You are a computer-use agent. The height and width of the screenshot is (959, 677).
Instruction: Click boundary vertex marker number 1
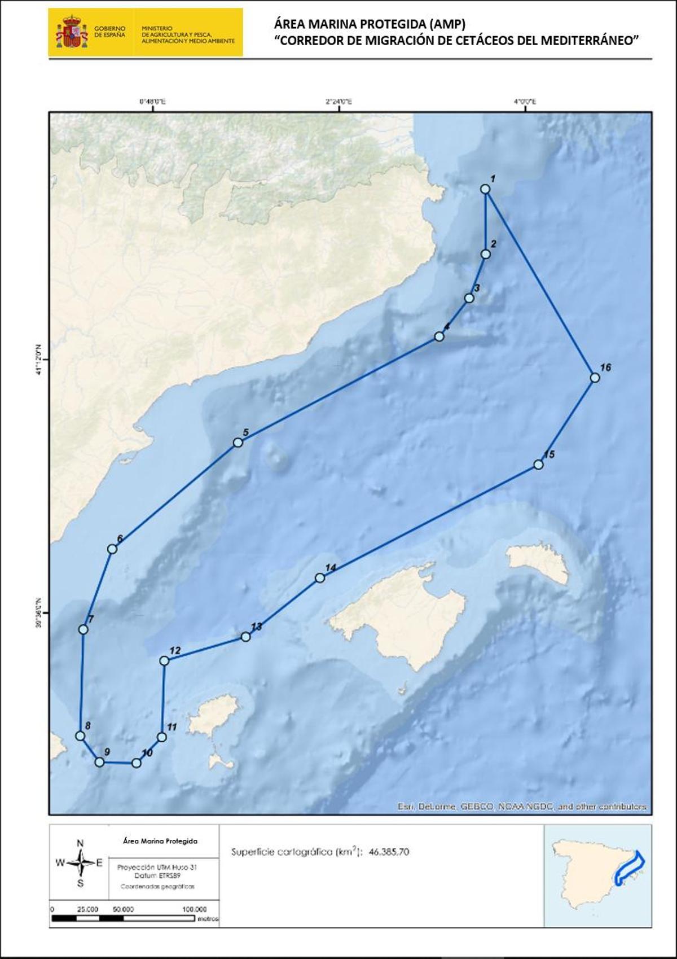point(485,189)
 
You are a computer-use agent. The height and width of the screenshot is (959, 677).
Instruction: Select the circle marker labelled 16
point(594,378)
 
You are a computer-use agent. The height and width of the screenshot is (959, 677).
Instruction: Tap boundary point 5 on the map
point(238,443)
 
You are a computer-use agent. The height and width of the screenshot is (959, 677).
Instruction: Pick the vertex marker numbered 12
point(164,660)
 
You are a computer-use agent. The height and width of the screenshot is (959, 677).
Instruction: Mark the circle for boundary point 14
point(320,577)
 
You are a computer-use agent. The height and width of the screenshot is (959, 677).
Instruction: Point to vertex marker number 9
point(100,762)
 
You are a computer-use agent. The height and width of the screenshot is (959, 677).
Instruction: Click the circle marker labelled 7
point(83,629)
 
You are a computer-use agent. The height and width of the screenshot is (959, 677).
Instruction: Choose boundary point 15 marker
point(538,465)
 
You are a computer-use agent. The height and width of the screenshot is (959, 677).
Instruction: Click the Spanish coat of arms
point(72,32)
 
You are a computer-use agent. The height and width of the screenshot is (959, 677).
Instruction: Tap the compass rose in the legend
point(81,862)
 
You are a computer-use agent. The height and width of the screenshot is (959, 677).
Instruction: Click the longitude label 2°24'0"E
point(339,102)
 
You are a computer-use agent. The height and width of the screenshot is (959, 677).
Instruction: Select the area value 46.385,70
point(389,852)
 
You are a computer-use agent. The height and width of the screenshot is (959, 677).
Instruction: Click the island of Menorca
point(539,562)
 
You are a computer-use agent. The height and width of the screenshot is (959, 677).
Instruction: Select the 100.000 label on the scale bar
point(195,909)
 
